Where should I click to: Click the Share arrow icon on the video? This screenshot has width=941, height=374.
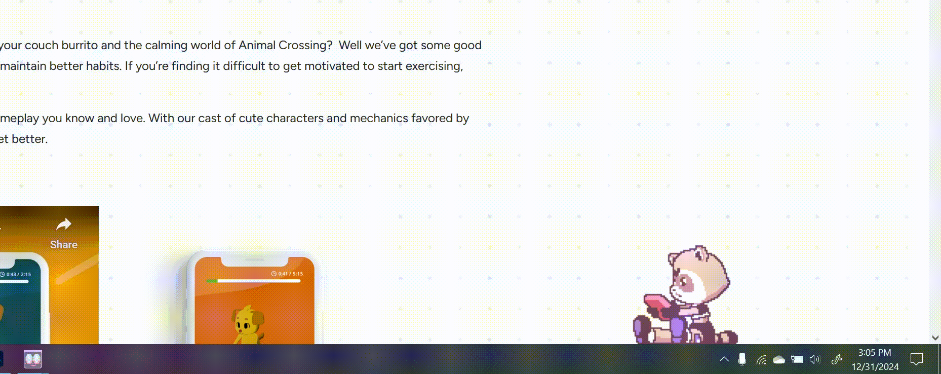pos(64,224)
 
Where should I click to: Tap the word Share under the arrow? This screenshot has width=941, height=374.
pos(64,245)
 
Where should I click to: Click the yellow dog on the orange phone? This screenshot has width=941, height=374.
pos(248,324)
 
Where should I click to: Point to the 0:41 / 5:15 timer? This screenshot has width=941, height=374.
pos(287,274)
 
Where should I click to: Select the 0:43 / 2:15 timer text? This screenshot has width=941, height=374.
pos(16,274)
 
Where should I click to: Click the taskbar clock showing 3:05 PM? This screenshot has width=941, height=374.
pos(875,353)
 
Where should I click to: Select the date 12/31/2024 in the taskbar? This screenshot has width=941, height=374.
pos(875,366)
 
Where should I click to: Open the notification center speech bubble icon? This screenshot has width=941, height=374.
pos(917,359)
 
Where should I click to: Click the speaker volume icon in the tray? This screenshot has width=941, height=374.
pos(814,359)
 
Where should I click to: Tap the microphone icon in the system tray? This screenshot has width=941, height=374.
pos(742,359)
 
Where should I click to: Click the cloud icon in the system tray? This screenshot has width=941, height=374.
pos(779,360)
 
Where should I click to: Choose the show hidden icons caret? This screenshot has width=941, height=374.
pos(724,359)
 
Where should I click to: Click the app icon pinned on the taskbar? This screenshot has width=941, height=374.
pos(33,359)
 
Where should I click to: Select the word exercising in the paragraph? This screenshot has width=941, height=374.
pos(434,66)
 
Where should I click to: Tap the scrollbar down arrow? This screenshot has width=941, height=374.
pos(935,338)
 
